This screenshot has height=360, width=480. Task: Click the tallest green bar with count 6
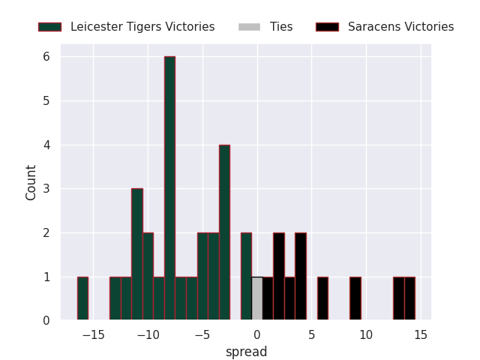[x=170, y=189]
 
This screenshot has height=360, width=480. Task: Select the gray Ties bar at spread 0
[x=257, y=299]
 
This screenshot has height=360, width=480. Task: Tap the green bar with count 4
[x=224, y=232]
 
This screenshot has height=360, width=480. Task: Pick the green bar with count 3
[x=137, y=255]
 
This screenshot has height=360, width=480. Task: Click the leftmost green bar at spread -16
[x=82, y=299]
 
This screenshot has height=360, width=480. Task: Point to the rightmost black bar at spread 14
[x=409, y=299]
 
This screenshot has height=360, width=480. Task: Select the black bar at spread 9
[x=355, y=299]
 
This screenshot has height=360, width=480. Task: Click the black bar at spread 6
[x=322, y=299]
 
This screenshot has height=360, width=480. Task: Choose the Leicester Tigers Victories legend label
[x=142, y=27]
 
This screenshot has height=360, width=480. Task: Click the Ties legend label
[x=281, y=27]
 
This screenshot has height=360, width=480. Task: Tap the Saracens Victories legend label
[x=400, y=27]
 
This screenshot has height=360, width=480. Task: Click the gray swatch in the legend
[x=249, y=27]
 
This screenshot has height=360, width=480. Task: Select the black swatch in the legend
[x=327, y=27]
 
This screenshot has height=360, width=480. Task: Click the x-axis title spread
[x=246, y=351]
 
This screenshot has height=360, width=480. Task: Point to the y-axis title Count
[x=31, y=182]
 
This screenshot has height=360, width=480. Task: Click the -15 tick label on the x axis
[x=93, y=334]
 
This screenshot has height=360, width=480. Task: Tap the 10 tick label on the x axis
[x=366, y=334]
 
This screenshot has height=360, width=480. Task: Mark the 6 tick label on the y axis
[x=46, y=57]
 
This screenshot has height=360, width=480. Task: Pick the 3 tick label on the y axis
[x=46, y=189]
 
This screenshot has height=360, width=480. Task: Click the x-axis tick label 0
[x=256, y=334]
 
